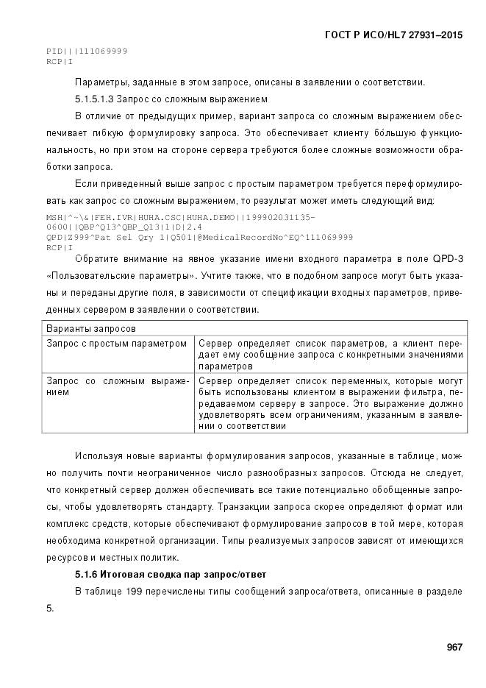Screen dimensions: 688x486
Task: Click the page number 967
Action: click(x=454, y=647)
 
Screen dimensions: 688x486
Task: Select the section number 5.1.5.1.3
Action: click(x=99, y=99)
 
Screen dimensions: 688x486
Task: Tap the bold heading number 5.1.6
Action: click(x=89, y=574)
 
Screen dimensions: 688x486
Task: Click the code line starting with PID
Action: click(x=87, y=51)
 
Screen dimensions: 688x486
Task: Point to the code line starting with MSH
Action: click(x=180, y=218)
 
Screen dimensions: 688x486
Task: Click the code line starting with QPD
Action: click(x=199, y=237)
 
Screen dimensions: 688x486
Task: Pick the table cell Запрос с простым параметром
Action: click(x=117, y=344)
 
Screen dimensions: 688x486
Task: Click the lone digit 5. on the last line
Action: click(x=50, y=608)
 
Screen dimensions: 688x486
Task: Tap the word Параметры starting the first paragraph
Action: click(x=99, y=82)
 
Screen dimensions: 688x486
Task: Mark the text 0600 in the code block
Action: click(x=56, y=227)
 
